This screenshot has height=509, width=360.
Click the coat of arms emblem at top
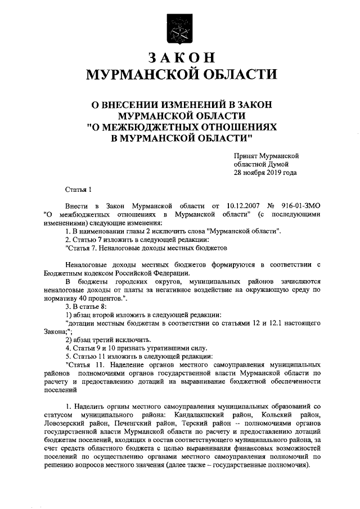[179, 28]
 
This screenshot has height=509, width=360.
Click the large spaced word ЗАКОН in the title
[180, 58]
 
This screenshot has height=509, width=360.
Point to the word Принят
[246, 155]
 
